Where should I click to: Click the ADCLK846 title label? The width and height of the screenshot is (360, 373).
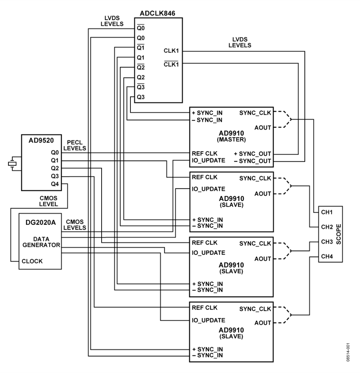click(x=158, y=13)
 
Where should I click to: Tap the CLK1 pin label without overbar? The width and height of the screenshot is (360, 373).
click(x=171, y=51)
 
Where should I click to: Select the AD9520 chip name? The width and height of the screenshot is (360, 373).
click(x=41, y=140)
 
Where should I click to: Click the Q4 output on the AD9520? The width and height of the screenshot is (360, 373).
click(x=55, y=184)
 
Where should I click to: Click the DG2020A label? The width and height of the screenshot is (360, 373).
click(x=41, y=223)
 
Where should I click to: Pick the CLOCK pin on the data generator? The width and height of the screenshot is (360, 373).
click(x=32, y=261)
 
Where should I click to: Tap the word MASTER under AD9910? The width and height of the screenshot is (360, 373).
click(x=231, y=139)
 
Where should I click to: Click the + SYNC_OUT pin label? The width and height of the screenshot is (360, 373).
click(x=252, y=154)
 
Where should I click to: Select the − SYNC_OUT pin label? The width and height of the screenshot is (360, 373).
click(x=252, y=161)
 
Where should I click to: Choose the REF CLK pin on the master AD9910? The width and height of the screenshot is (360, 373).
click(x=204, y=153)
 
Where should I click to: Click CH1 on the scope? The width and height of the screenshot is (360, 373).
click(x=327, y=212)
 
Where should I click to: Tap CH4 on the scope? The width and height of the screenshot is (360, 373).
click(x=327, y=257)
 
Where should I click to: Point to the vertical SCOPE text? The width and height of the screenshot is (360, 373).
click(x=338, y=234)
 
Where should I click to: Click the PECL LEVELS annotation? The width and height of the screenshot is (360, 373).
click(x=75, y=145)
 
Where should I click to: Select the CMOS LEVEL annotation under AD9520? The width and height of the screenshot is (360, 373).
click(x=48, y=201)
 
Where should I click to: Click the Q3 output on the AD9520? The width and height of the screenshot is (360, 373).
click(x=55, y=176)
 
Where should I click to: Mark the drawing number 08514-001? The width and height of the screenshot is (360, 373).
click(x=348, y=352)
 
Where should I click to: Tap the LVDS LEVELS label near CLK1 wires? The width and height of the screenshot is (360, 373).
click(x=240, y=42)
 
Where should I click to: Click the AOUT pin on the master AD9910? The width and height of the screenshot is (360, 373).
click(x=263, y=128)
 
